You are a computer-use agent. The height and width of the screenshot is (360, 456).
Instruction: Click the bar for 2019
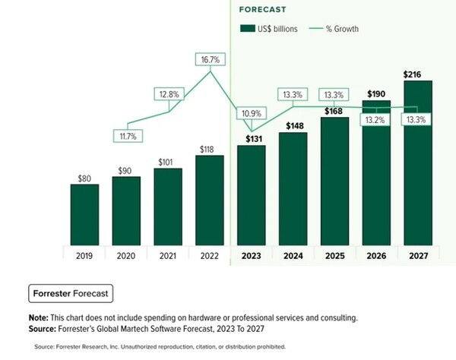84,215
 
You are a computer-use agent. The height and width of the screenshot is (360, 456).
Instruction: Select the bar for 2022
209,201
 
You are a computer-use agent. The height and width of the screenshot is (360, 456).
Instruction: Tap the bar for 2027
416,163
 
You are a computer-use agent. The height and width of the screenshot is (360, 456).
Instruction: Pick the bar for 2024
292,188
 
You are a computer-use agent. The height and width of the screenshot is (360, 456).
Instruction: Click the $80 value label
84,178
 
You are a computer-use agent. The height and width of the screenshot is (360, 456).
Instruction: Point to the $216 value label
416,74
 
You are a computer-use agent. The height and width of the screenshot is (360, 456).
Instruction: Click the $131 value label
251,138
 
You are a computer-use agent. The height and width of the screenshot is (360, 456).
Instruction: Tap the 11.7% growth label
126,136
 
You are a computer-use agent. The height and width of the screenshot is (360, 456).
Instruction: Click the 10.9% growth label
251,114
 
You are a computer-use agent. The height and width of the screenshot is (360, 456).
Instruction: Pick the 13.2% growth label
375,119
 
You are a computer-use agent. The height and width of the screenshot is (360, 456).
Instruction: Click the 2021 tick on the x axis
167,256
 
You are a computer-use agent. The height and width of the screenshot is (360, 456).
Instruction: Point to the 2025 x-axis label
334,256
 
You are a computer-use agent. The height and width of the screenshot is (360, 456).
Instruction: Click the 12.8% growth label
168,94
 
